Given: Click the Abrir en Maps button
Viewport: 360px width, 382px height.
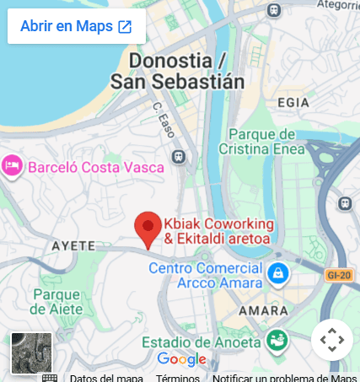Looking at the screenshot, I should [77, 26].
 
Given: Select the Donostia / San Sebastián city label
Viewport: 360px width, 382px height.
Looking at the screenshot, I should [178, 72].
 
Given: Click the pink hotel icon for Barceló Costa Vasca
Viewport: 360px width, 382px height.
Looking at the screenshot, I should [13, 166].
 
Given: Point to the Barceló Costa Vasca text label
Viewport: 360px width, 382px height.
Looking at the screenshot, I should [96, 167].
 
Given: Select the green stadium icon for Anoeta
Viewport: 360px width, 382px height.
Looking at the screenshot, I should [276, 341].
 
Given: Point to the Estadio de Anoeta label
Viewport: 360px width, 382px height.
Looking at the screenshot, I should [201, 342].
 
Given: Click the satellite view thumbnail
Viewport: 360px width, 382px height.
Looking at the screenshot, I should [31, 352].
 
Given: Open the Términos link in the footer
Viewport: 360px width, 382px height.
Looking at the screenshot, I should [177, 377].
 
